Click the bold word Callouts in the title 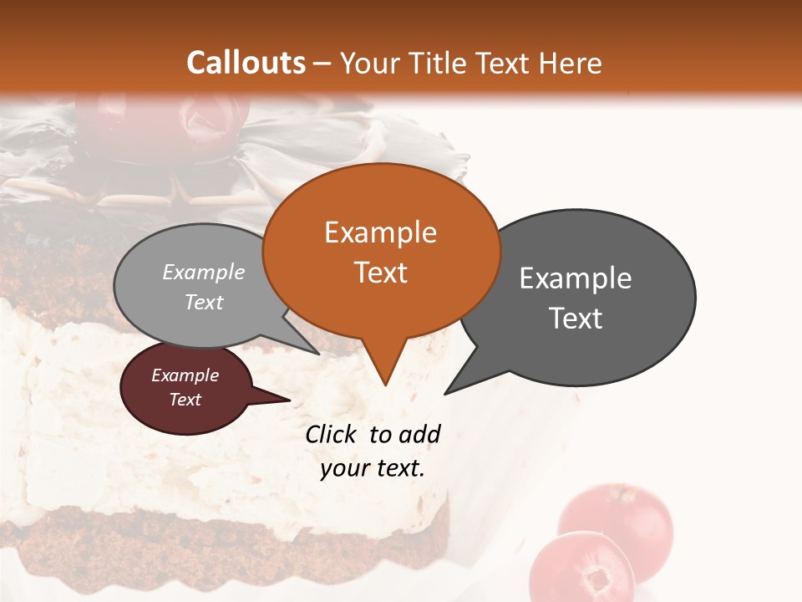point(246,63)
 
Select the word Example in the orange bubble point(380,232)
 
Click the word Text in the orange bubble point(381,273)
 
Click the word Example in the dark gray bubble point(576,278)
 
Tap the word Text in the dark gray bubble point(576,319)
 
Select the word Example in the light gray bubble point(204,272)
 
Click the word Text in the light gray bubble point(204,302)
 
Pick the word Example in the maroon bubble point(185,375)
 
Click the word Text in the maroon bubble point(185,400)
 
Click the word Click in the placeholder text point(331,434)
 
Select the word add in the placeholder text point(419,434)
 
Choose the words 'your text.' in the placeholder point(373,468)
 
